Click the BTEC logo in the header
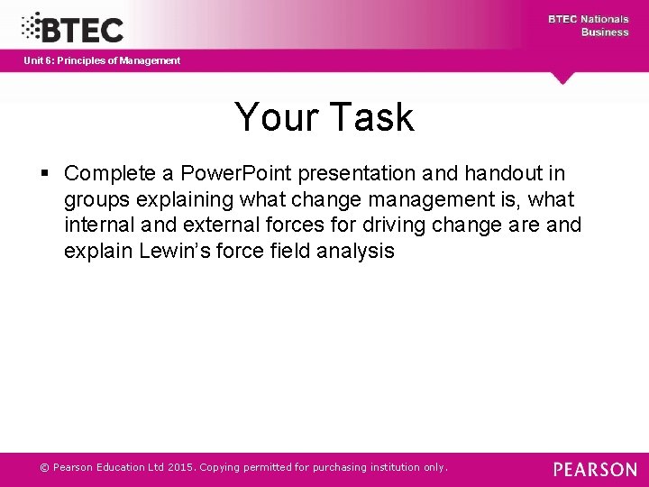(x=72, y=27)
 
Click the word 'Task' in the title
(x=371, y=117)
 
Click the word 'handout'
(x=504, y=172)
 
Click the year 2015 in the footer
(x=178, y=467)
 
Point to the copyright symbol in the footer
(x=44, y=467)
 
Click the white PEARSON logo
(x=594, y=469)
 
